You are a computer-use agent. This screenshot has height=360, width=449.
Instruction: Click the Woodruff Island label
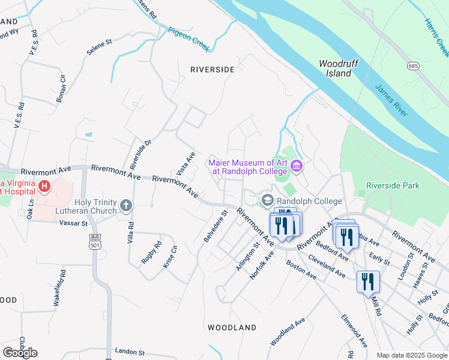[x=334, y=68]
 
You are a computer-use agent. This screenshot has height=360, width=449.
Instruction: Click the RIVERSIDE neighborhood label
[x=212, y=70]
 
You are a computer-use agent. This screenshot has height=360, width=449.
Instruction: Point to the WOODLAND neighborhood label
[x=232, y=328]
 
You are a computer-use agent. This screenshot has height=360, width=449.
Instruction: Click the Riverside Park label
[x=393, y=186]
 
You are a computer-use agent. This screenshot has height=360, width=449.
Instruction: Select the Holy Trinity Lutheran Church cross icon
[x=125, y=206]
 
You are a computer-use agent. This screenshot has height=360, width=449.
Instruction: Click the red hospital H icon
[x=44, y=187]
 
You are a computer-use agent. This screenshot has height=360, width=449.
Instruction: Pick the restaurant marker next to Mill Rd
[x=367, y=281]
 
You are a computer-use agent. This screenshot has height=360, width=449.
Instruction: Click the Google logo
[x=20, y=353]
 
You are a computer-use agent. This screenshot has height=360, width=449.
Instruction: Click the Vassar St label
[x=74, y=223]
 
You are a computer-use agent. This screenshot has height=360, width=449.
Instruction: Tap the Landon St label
[x=130, y=352]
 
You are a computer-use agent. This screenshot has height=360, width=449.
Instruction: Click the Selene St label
[x=100, y=48]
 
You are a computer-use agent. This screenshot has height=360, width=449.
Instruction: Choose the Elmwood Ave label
[x=354, y=331]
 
